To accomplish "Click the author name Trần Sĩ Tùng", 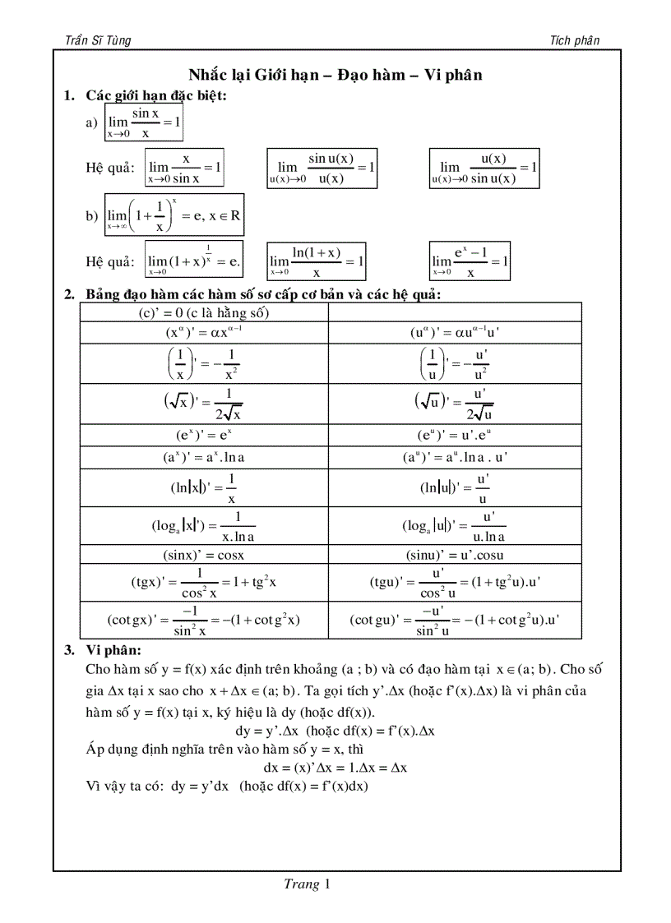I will click(97, 40).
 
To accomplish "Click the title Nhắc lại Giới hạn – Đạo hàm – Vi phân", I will click(335, 75).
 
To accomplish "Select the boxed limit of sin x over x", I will click(144, 122).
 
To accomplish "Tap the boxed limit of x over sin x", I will click(185, 168).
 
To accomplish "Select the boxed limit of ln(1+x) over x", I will click(317, 261).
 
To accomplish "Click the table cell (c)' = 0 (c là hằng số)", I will click(204, 312).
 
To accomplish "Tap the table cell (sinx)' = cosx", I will click(204, 555).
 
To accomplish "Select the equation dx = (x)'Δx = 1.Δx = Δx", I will click(335, 768).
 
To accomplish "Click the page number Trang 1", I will click(306, 885).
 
